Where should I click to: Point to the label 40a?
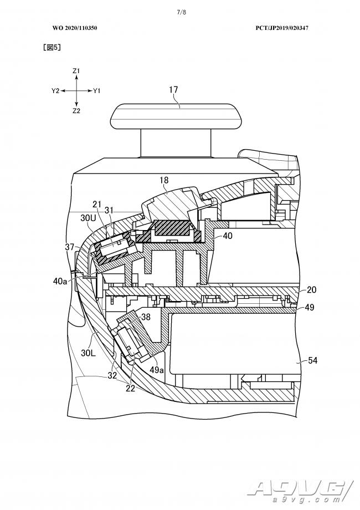pyautogui.click(x=61, y=281)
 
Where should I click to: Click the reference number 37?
pyautogui.click(x=69, y=246)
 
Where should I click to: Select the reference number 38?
pyautogui.click(x=145, y=318)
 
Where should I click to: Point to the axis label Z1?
pyautogui.click(x=76, y=71)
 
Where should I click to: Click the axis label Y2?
pyautogui.click(x=55, y=90)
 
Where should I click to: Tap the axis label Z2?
pyautogui.click(x=76, y=110)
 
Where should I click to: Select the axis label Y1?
pyautogui.click(x=97, y=90)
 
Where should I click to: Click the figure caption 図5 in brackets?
pyautogui.click(x=52, y=48)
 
